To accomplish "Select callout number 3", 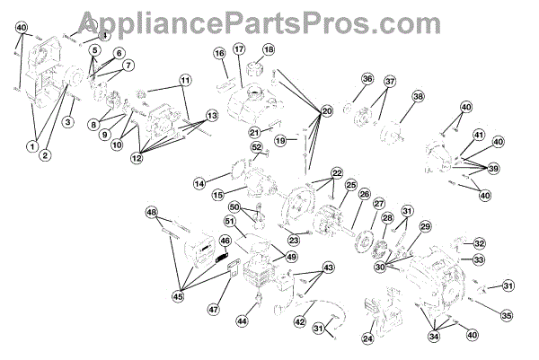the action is click(66, 123).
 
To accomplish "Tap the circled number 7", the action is click(128, 66).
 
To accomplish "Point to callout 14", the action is click(199, 183).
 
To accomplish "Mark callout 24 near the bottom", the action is click(367, 338).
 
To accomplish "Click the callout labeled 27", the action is click(378, 204).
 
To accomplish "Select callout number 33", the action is click(480, 259).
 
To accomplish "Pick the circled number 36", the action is click(367, 80).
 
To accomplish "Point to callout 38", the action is click(418, 96).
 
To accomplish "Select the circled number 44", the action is click(242, 320).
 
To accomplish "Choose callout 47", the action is click(213, 309).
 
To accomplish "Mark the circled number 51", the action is click(229, 223).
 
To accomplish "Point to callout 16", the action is click(219, 54).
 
